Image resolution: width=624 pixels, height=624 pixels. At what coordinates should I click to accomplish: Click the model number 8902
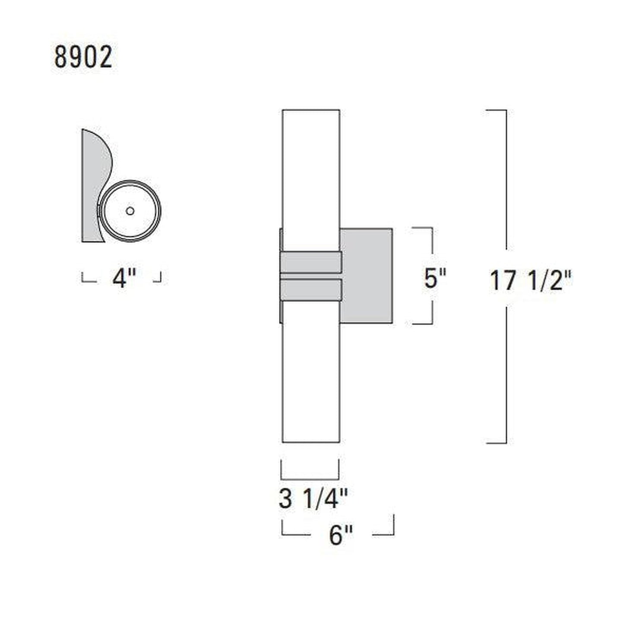83,57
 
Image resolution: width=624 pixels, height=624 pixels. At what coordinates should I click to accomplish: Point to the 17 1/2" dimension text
531,281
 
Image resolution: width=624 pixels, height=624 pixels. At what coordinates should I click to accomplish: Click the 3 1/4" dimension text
313,499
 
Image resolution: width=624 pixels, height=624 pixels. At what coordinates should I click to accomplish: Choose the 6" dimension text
341,536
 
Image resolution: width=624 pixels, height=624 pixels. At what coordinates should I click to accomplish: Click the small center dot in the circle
130,211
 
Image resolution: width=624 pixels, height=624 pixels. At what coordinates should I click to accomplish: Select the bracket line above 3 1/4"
310,478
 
